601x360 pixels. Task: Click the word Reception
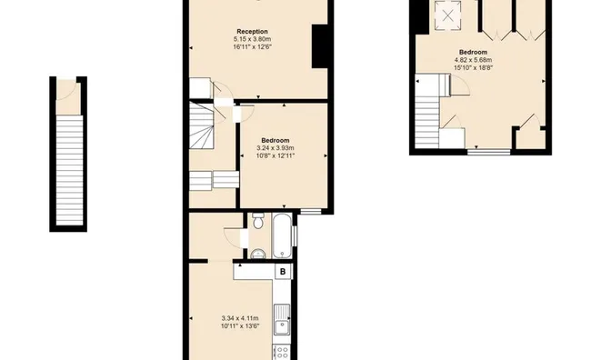(x=253, y=30)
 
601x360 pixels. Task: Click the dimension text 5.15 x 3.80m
(x=253, y=39)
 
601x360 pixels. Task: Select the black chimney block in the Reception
(x=319, y=47)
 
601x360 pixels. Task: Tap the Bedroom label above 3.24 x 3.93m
(x=275, y=140)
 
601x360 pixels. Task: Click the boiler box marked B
(x=283, y=271)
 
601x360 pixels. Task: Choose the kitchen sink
(x=284, y=319)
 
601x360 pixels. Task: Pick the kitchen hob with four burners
(x=283, y=351)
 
